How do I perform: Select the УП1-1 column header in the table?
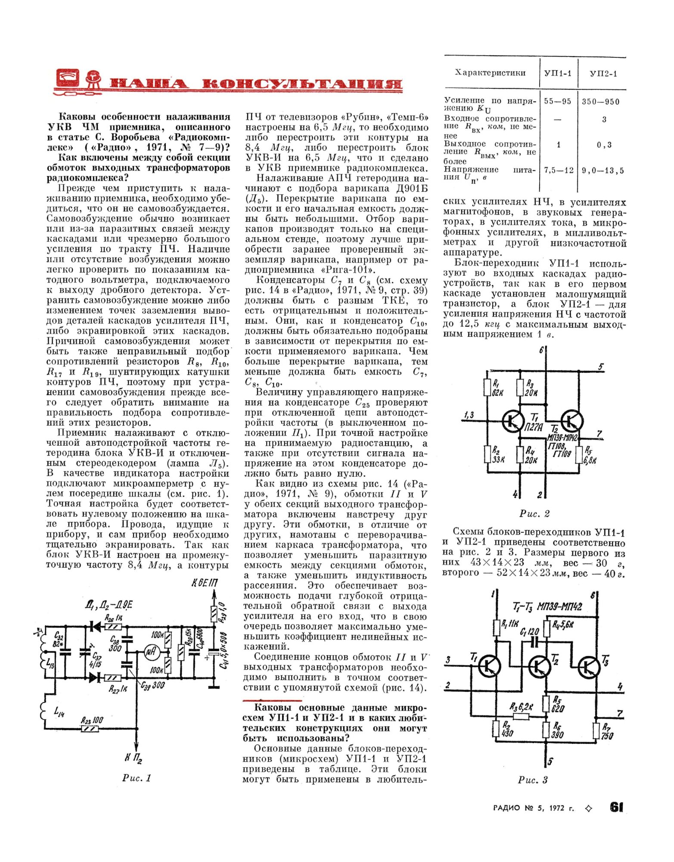click(x=558, y=73)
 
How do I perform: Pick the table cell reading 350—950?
click(x=600, y=102)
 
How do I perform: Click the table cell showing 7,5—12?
click(x=559, y=170)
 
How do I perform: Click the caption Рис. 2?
click(x=534, y=513)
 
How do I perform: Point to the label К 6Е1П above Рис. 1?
click(x=205, y=583)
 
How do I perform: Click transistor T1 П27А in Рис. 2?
click(x=513, y=421)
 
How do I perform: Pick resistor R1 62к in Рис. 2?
click(x=488, y=388)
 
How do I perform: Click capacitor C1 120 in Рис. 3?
click(x=534, y=642)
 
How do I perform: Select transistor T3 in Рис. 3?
click(x=587, y=667)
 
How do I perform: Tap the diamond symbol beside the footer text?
click(x=589, y=808)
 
